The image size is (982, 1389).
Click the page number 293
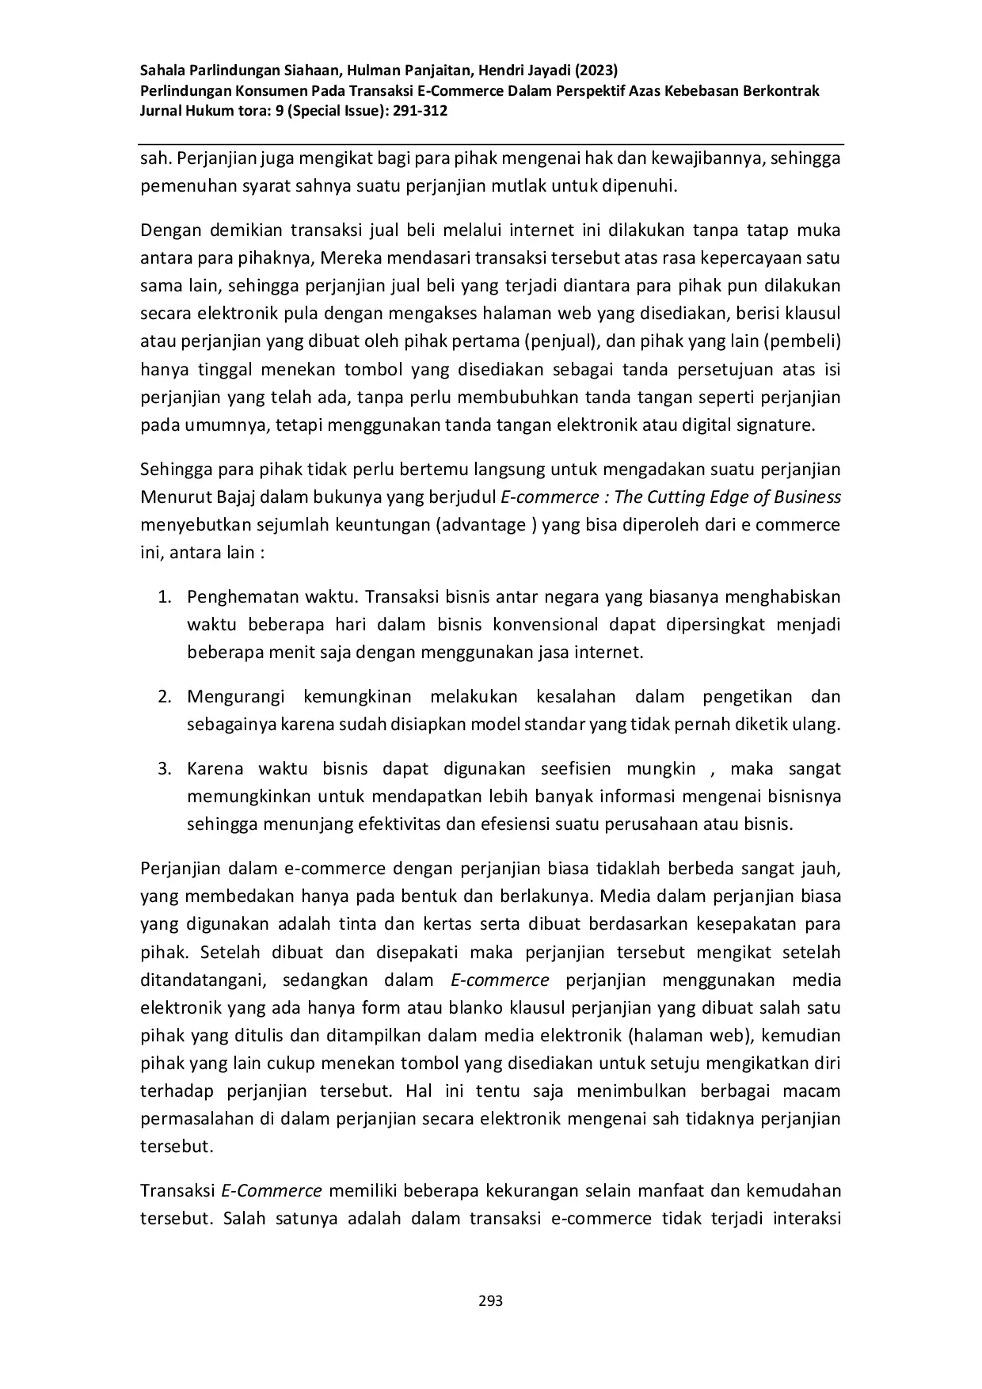coord(491,1300)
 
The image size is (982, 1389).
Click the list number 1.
coord(164,596)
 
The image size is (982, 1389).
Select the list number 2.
coord(164,697)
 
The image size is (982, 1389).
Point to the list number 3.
coord(164,769)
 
